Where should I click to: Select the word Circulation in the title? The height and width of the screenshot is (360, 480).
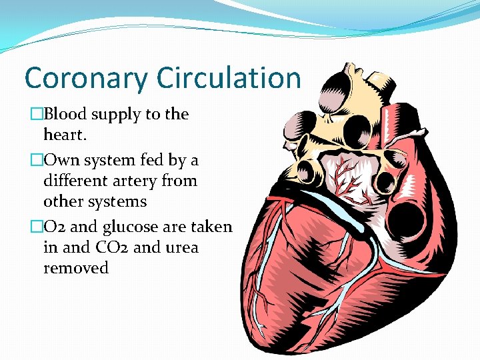pos(229,78)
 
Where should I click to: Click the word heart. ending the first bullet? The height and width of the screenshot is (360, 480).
pos(65,135)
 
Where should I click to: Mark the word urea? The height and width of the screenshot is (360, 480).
pos(180,247)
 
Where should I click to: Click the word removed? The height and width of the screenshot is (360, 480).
pos(75,268)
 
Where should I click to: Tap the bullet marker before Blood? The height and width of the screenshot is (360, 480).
pos(28,115)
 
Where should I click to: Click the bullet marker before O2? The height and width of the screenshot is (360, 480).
pos(28,227)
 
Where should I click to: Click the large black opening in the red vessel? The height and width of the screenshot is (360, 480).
pos(407,216)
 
